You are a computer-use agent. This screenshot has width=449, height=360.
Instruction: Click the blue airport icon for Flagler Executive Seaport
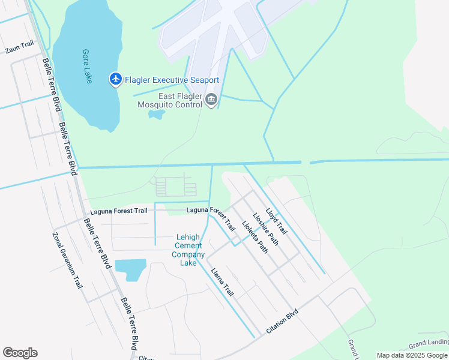[115, 79]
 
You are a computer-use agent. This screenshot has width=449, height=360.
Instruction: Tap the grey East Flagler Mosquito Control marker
[211, 100]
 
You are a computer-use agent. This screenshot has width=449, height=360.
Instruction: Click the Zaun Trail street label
[19, 47]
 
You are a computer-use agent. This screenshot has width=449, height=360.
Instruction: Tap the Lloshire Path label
[265, 229]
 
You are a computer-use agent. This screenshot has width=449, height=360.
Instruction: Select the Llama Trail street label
[222, 282]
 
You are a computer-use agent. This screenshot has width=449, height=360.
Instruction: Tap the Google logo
[20, 353]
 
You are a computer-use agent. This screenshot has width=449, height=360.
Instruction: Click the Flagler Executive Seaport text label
[172, 80]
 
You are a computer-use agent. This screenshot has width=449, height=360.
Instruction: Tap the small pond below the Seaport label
[157, 114]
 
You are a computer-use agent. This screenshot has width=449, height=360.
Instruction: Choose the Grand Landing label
[429, 344]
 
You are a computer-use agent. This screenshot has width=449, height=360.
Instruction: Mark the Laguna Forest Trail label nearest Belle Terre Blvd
[118, 211]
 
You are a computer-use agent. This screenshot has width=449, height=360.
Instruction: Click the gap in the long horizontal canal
[305, 162]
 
